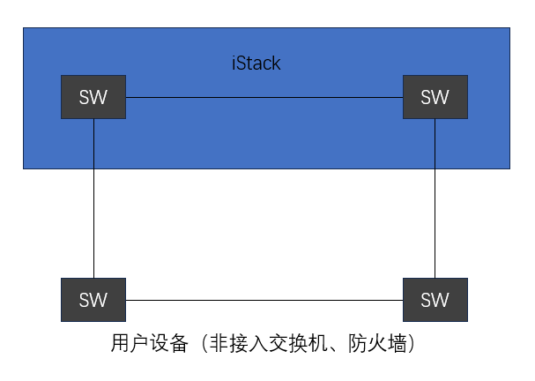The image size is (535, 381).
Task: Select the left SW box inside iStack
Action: pos(93,97)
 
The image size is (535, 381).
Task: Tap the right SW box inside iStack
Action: pos(435,97)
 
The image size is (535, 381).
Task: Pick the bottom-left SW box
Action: pos(93,300)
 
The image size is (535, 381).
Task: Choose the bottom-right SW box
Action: pos(435,300)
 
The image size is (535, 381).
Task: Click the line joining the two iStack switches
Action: pos(264,97)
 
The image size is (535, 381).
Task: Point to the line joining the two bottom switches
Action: pos(264,300)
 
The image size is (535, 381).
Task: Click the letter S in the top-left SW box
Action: pos(85,97)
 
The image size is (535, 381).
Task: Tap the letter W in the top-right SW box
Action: pos(441,97)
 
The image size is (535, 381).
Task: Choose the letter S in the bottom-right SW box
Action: pos(427,300)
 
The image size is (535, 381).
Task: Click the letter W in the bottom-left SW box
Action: pos(100,300)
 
